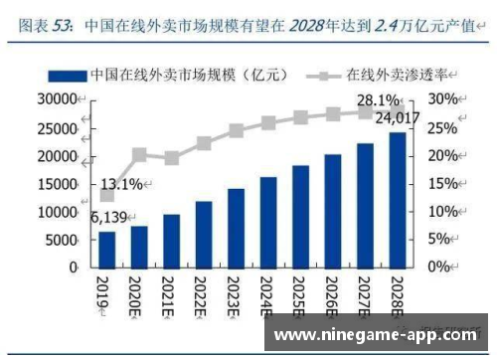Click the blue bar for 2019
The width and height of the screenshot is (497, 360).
click(x=107, y=249)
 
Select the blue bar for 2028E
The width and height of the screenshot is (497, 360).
click(x=398, y=200)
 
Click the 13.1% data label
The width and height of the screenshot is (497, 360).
click(x=121, y=183)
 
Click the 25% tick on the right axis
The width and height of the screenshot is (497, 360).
click(x=443, y=127)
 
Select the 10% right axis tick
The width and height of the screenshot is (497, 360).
click(x=443, y=212)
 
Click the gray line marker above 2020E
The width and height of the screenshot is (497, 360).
click(x=139, y=154)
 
